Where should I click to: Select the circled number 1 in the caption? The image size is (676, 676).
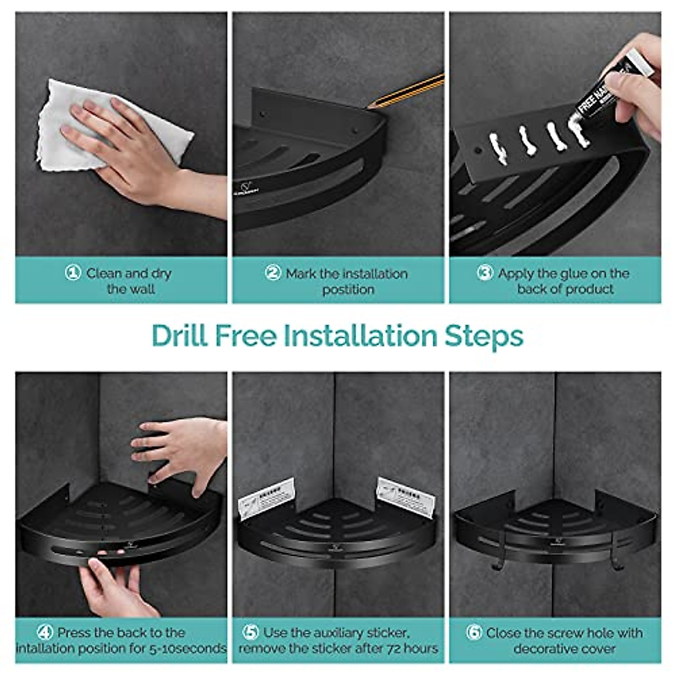click(x=73, y=274)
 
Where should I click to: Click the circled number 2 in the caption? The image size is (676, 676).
click(x=273, y=274)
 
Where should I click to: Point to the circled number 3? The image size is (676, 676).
click(x=485, y=274)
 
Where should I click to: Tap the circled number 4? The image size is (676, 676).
click(x=45, y=633)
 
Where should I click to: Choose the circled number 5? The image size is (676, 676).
click(x=251, y=633)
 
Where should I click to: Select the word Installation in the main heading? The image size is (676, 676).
click(x=361, y=336)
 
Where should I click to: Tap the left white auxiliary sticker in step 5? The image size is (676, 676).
click(x=266, y=498)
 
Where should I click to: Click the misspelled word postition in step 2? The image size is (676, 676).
click(x=348, y=290)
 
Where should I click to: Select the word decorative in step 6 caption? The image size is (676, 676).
click(x=541, y=648)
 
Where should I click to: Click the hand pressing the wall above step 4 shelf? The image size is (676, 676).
click(x=175, y=451)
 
